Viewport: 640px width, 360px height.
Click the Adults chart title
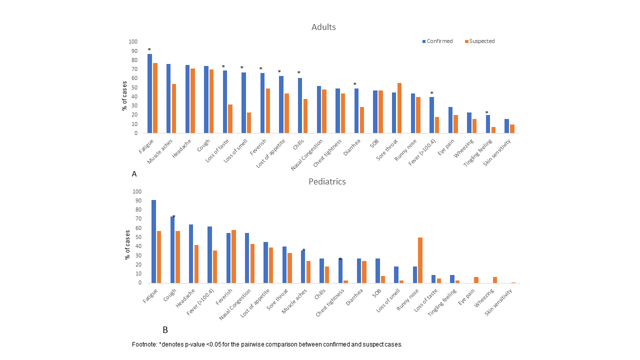[323, 27]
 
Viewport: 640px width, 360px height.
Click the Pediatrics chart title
[327, 181]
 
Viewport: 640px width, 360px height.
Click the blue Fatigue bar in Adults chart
[150, 93]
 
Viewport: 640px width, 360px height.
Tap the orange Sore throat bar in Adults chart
[399, 108]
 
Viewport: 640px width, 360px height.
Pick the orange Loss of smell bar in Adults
[248, 122]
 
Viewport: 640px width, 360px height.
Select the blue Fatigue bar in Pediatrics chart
[153, 241]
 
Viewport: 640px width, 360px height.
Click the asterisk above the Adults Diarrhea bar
[355, 84]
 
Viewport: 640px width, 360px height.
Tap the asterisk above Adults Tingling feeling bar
[486, 112]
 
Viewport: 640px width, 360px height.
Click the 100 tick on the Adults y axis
[133, 42]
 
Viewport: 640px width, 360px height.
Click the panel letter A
[134, 174]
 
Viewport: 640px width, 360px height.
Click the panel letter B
[165, 330]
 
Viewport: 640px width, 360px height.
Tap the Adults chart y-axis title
[124, 95]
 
